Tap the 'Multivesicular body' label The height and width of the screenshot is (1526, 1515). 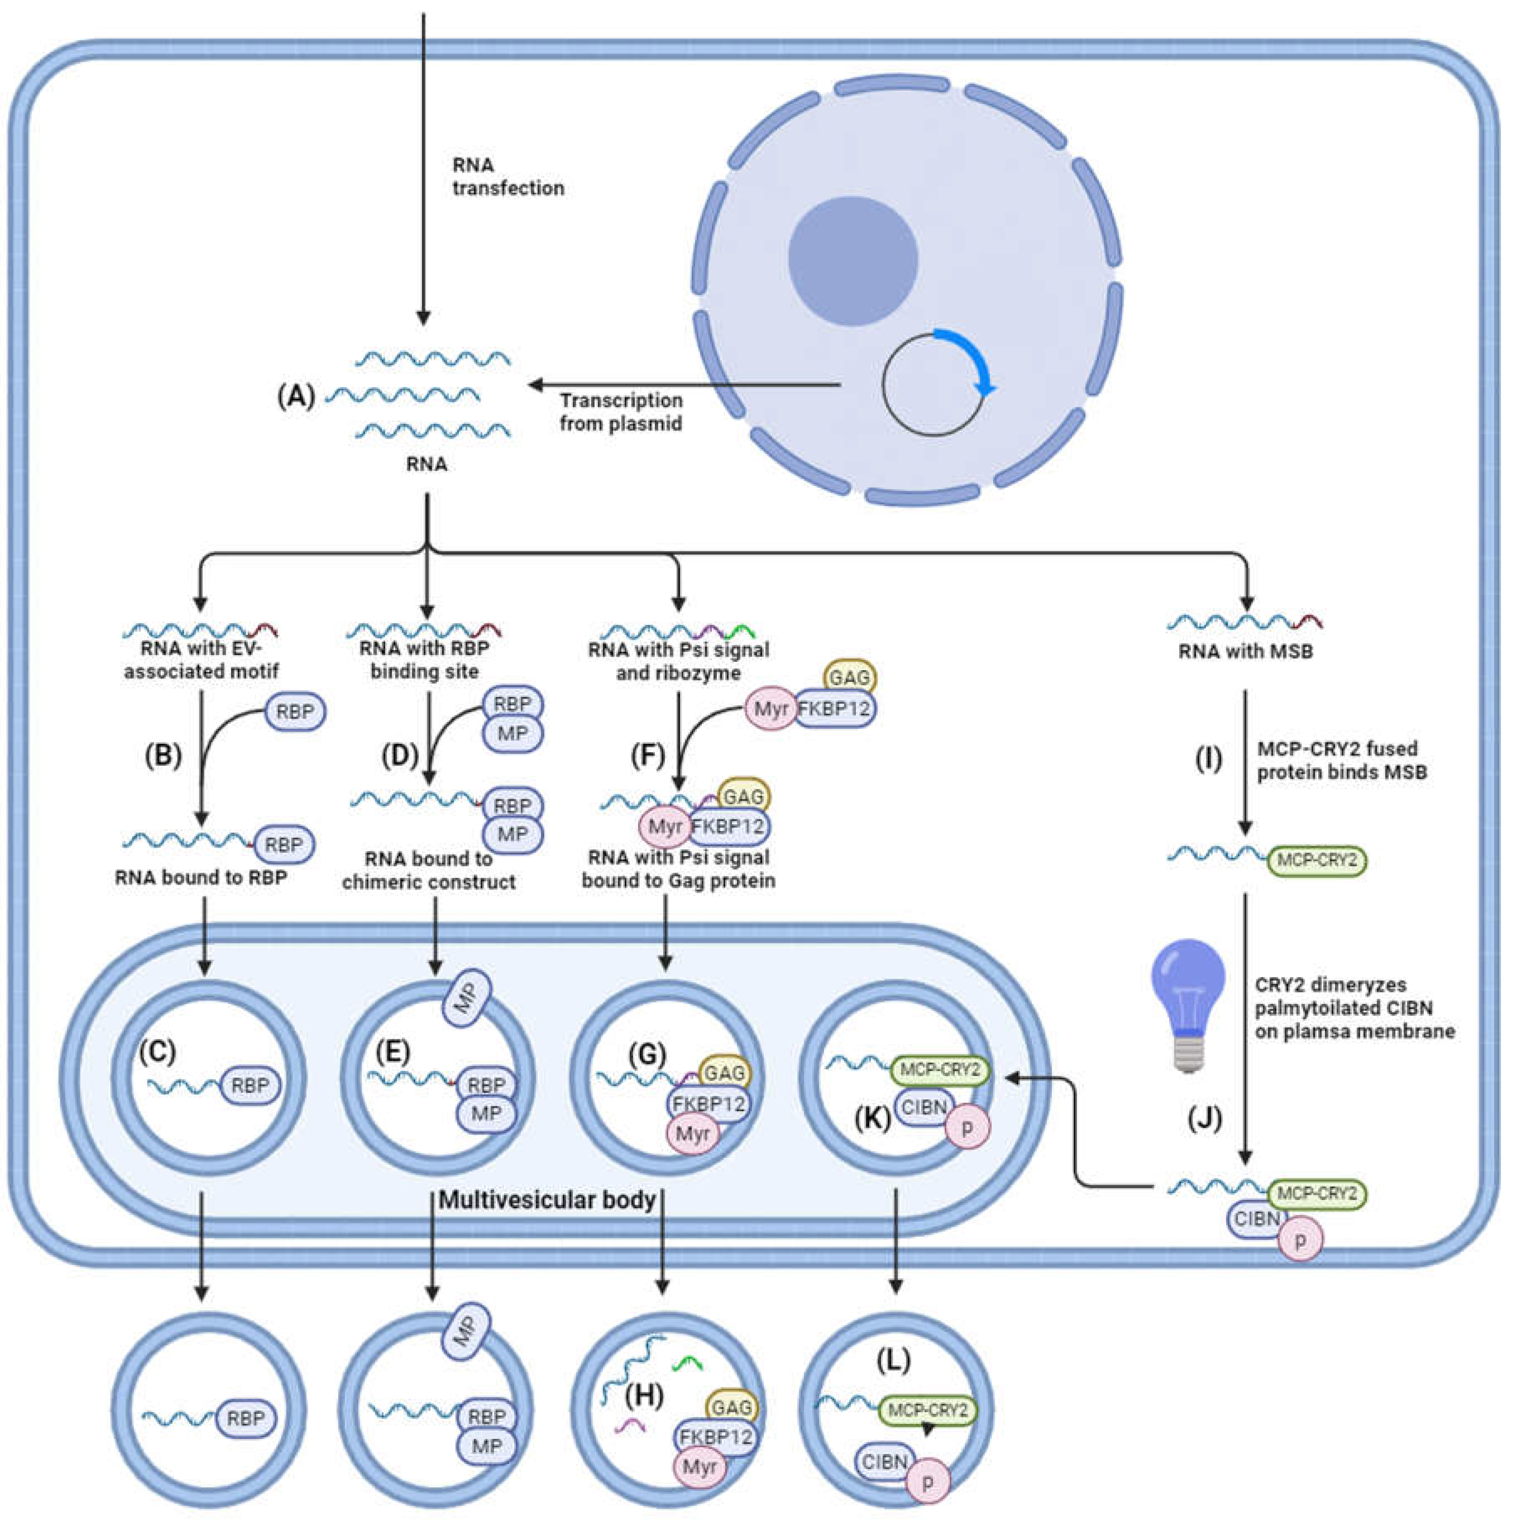pos(547,1201)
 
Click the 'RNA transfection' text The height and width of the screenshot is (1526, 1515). pos(508,176)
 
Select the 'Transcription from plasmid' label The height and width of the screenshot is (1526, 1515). pos(621,412)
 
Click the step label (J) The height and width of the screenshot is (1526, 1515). pos(1205,1119)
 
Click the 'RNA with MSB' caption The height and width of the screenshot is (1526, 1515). pos(1246,652)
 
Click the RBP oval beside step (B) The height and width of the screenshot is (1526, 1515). pos(295,711)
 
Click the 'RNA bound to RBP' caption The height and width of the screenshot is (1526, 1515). pos(201,877)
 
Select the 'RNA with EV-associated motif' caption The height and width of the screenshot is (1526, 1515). pos(201,660)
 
